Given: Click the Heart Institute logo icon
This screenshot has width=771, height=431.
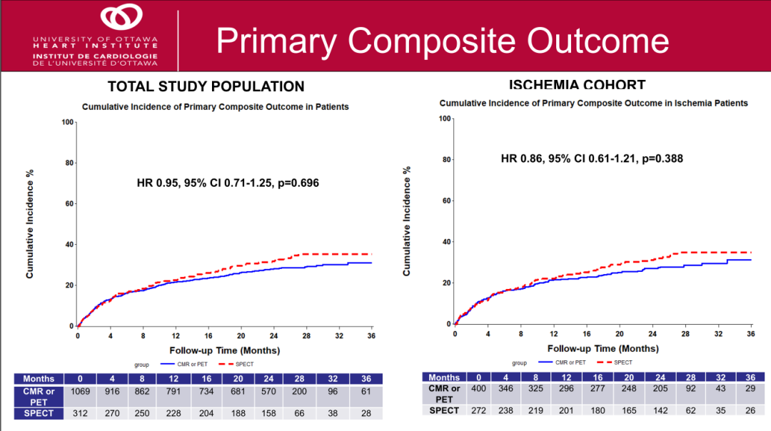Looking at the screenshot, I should click(x=121, y=17).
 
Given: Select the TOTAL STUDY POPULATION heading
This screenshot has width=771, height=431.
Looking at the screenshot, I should click(x=206, y=86).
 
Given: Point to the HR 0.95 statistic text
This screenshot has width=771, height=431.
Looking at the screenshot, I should click(x=228, y=183).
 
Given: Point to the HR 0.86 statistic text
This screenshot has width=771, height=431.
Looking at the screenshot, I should click(x=592, y=158).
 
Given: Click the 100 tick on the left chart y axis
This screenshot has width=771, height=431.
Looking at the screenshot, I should click(x=69, y=122).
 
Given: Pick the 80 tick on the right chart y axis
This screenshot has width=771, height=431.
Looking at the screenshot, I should click(x=446, y=159).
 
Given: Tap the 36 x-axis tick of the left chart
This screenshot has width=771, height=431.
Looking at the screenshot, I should click(x=371, y=335).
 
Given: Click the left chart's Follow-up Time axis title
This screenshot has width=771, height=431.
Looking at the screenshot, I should click(x=224, y=350).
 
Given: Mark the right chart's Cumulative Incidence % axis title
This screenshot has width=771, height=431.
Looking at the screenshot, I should click(x=407, y=221).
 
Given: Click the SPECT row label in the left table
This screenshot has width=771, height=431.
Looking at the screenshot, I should click(x=39, y=413).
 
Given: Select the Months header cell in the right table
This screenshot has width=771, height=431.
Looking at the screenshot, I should click(x=444, y=377).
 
